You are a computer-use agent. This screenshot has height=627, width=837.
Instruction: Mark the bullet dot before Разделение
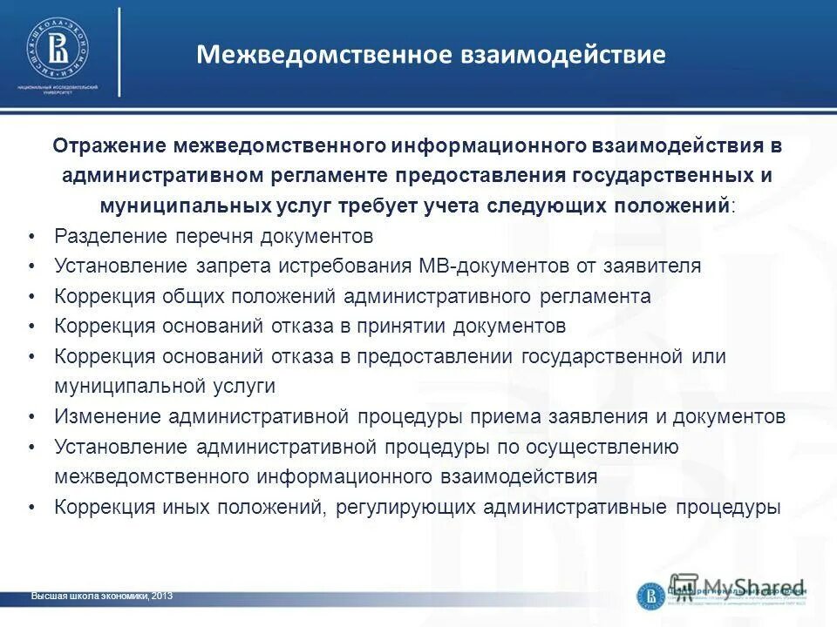point(31,237)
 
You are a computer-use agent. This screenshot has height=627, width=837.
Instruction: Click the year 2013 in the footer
point(162,596)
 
